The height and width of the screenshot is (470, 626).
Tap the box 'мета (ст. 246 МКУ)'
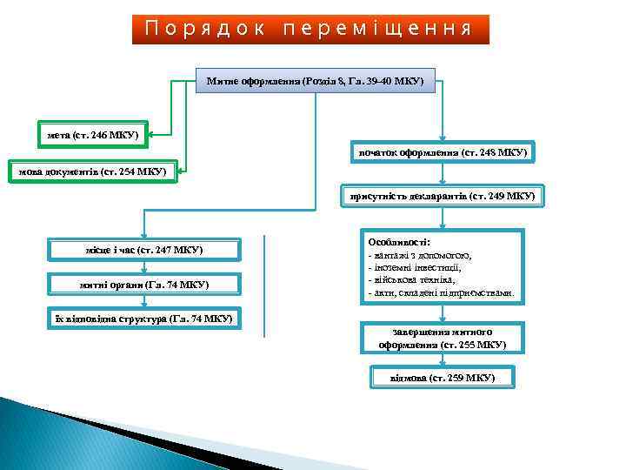93,134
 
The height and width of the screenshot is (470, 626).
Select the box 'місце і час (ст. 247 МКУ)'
144,251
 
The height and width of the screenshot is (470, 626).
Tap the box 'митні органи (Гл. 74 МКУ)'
144,285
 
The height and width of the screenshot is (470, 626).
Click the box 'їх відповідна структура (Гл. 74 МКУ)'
144,319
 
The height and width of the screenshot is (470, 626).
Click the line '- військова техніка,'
416,280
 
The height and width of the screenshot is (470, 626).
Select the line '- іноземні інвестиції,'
416,268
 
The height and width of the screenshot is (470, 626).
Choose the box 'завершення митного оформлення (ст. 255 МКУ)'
443,338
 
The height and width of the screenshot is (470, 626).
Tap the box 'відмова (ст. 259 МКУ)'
443,378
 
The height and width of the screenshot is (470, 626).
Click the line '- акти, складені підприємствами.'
441,293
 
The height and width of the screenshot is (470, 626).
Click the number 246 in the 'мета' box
103,134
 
